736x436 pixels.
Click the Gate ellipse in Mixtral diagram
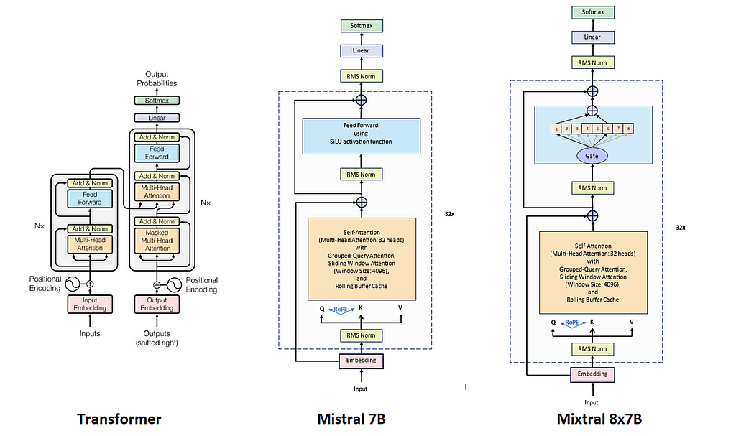pos(592,156)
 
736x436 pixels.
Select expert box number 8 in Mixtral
pos(628,128)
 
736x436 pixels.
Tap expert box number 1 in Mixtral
pos(556,128)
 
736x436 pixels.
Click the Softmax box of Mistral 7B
pos(362,26)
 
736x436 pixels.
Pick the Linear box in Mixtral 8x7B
pos(592,37)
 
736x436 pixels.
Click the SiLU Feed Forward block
pos(361,136)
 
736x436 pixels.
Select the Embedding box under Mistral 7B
pos(361,361)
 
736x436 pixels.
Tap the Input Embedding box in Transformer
pos(90,304)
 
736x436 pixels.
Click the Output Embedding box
pos(157,304)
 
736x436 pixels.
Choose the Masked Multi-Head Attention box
pos(157,241)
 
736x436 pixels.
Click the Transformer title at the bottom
pos(119,419)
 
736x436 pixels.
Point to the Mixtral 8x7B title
pos(599,419)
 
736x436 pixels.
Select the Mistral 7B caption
pos(351,419)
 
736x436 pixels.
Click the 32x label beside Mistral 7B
pos(450,214)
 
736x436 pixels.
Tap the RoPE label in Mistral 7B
pos(341,310)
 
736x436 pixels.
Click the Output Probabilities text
pos(157,79)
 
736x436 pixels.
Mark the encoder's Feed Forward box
pos(90,198)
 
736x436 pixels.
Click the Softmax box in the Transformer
pos(157,101)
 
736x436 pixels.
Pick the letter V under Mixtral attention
pos(631,322)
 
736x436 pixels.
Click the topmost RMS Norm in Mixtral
pos(592,62)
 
